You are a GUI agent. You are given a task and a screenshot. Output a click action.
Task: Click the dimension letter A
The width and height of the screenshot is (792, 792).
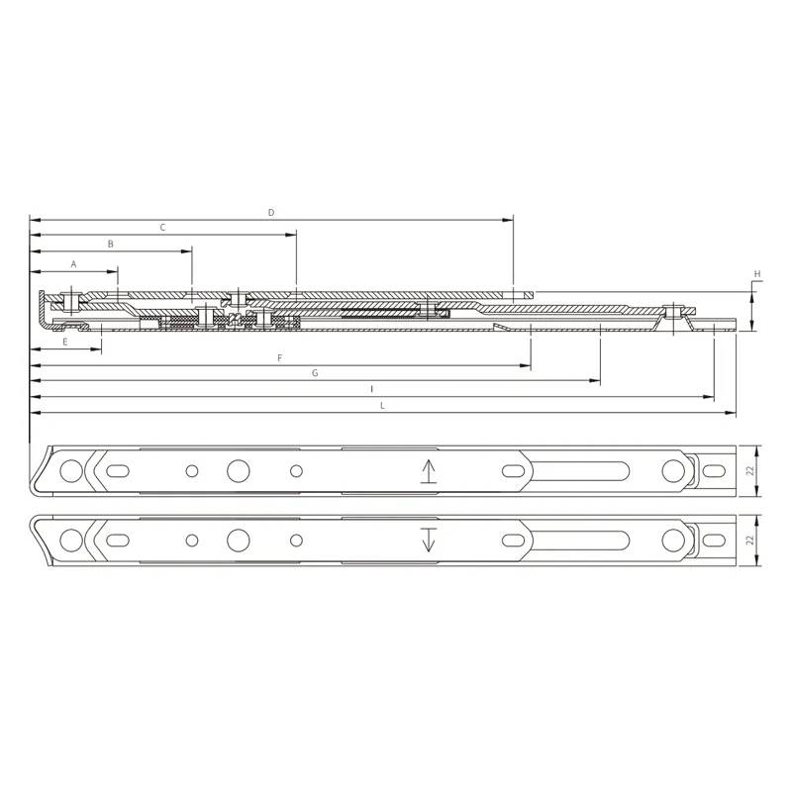coord(73,264)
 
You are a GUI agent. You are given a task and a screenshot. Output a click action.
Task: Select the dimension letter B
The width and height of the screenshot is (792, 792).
coord(111,243)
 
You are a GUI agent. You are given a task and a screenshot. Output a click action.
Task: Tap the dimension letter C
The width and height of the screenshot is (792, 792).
coord(162,227)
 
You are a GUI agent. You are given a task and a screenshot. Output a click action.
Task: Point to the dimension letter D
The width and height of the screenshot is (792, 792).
coord(271,212)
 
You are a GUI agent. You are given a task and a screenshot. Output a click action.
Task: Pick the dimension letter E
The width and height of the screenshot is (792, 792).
coord(65,342)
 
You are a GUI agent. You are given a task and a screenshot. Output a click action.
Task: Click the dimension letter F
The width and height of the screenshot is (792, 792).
coord(280,357)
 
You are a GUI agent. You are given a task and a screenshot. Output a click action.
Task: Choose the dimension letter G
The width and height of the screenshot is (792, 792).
coord(315,373)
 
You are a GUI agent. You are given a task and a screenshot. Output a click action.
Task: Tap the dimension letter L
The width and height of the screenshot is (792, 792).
coord(382,405)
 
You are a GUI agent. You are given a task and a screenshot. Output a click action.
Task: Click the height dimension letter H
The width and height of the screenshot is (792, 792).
coord(757,273)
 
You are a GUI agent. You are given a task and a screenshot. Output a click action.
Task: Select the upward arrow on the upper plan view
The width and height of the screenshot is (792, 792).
coord(428,471)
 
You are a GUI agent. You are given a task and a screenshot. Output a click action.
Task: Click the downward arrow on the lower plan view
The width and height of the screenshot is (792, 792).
coord(428,540)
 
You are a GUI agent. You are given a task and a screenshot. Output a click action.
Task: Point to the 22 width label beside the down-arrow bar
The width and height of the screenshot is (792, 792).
coord(749,540)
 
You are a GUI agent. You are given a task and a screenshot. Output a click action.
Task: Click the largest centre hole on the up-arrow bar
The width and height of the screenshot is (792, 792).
coord(239,470)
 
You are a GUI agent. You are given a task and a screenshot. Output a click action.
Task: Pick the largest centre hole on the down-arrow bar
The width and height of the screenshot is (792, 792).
coord(239,540)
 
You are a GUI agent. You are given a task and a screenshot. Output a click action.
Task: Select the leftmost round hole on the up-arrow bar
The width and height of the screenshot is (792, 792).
coord(70,470)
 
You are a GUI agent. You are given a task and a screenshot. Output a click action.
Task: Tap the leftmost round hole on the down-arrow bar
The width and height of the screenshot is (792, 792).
coord(70,540)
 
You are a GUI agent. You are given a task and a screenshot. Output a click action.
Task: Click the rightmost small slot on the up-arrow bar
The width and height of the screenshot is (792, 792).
coord(714,470)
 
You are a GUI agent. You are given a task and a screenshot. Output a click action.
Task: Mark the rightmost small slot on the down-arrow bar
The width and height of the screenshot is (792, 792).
coord(714,540)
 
